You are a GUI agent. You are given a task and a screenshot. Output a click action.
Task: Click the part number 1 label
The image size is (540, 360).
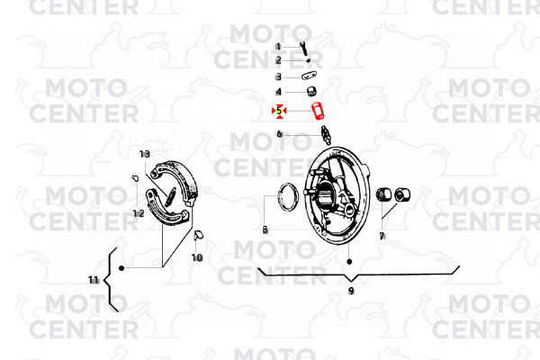278,47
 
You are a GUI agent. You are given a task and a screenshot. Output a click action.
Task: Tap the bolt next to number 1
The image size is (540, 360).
304,49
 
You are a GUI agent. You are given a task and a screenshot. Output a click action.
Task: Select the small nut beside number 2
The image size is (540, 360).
308,60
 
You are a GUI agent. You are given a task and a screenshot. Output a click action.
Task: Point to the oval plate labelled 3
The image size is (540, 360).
310,76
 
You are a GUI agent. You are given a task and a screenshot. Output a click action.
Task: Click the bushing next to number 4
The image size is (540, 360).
312,92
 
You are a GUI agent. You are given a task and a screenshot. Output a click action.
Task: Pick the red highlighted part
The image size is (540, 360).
319,112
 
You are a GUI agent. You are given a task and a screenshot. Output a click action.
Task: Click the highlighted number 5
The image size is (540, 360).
279,111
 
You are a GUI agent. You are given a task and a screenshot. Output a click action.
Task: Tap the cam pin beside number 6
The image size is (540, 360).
326,135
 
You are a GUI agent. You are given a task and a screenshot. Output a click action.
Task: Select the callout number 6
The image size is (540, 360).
279,134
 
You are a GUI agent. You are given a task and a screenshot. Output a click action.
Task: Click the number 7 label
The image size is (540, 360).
382,236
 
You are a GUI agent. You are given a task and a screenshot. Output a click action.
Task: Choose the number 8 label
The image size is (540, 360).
265,229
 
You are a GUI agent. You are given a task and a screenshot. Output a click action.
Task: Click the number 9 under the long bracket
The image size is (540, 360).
351,291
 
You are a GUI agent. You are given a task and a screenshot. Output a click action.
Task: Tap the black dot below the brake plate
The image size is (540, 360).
349,262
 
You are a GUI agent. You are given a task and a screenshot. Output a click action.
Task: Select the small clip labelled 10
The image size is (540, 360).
199,235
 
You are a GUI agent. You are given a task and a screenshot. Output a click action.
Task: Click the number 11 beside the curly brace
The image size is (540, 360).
94,280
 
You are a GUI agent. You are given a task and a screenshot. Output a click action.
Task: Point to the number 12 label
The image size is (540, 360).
139,213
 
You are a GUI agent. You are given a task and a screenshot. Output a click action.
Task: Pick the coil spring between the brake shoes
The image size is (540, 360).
170,197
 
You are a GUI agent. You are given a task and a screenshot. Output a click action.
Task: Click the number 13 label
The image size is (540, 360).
145,154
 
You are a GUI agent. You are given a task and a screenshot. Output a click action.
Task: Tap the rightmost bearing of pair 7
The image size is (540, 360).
402,195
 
